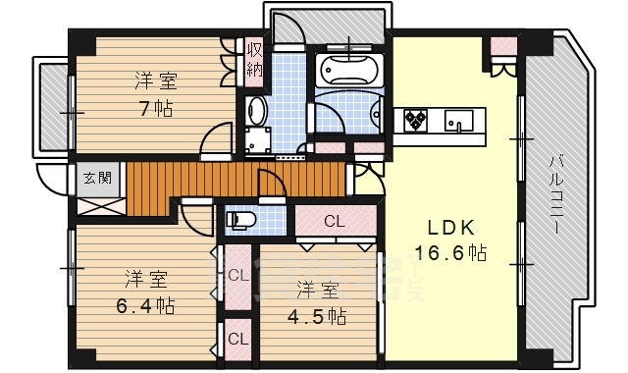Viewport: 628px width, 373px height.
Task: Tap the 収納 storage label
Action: point(254,59)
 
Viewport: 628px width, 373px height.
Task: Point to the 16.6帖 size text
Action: point(450,253)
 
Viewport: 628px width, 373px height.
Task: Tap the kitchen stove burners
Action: point(416,120)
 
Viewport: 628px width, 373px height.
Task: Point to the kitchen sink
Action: point(459,121)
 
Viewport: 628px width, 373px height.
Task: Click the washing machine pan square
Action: point(258,141)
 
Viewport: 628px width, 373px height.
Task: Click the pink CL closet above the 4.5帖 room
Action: point(334,221)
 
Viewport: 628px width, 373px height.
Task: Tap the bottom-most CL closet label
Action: point(237,339)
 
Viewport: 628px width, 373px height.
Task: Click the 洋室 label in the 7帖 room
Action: point(155,81)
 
